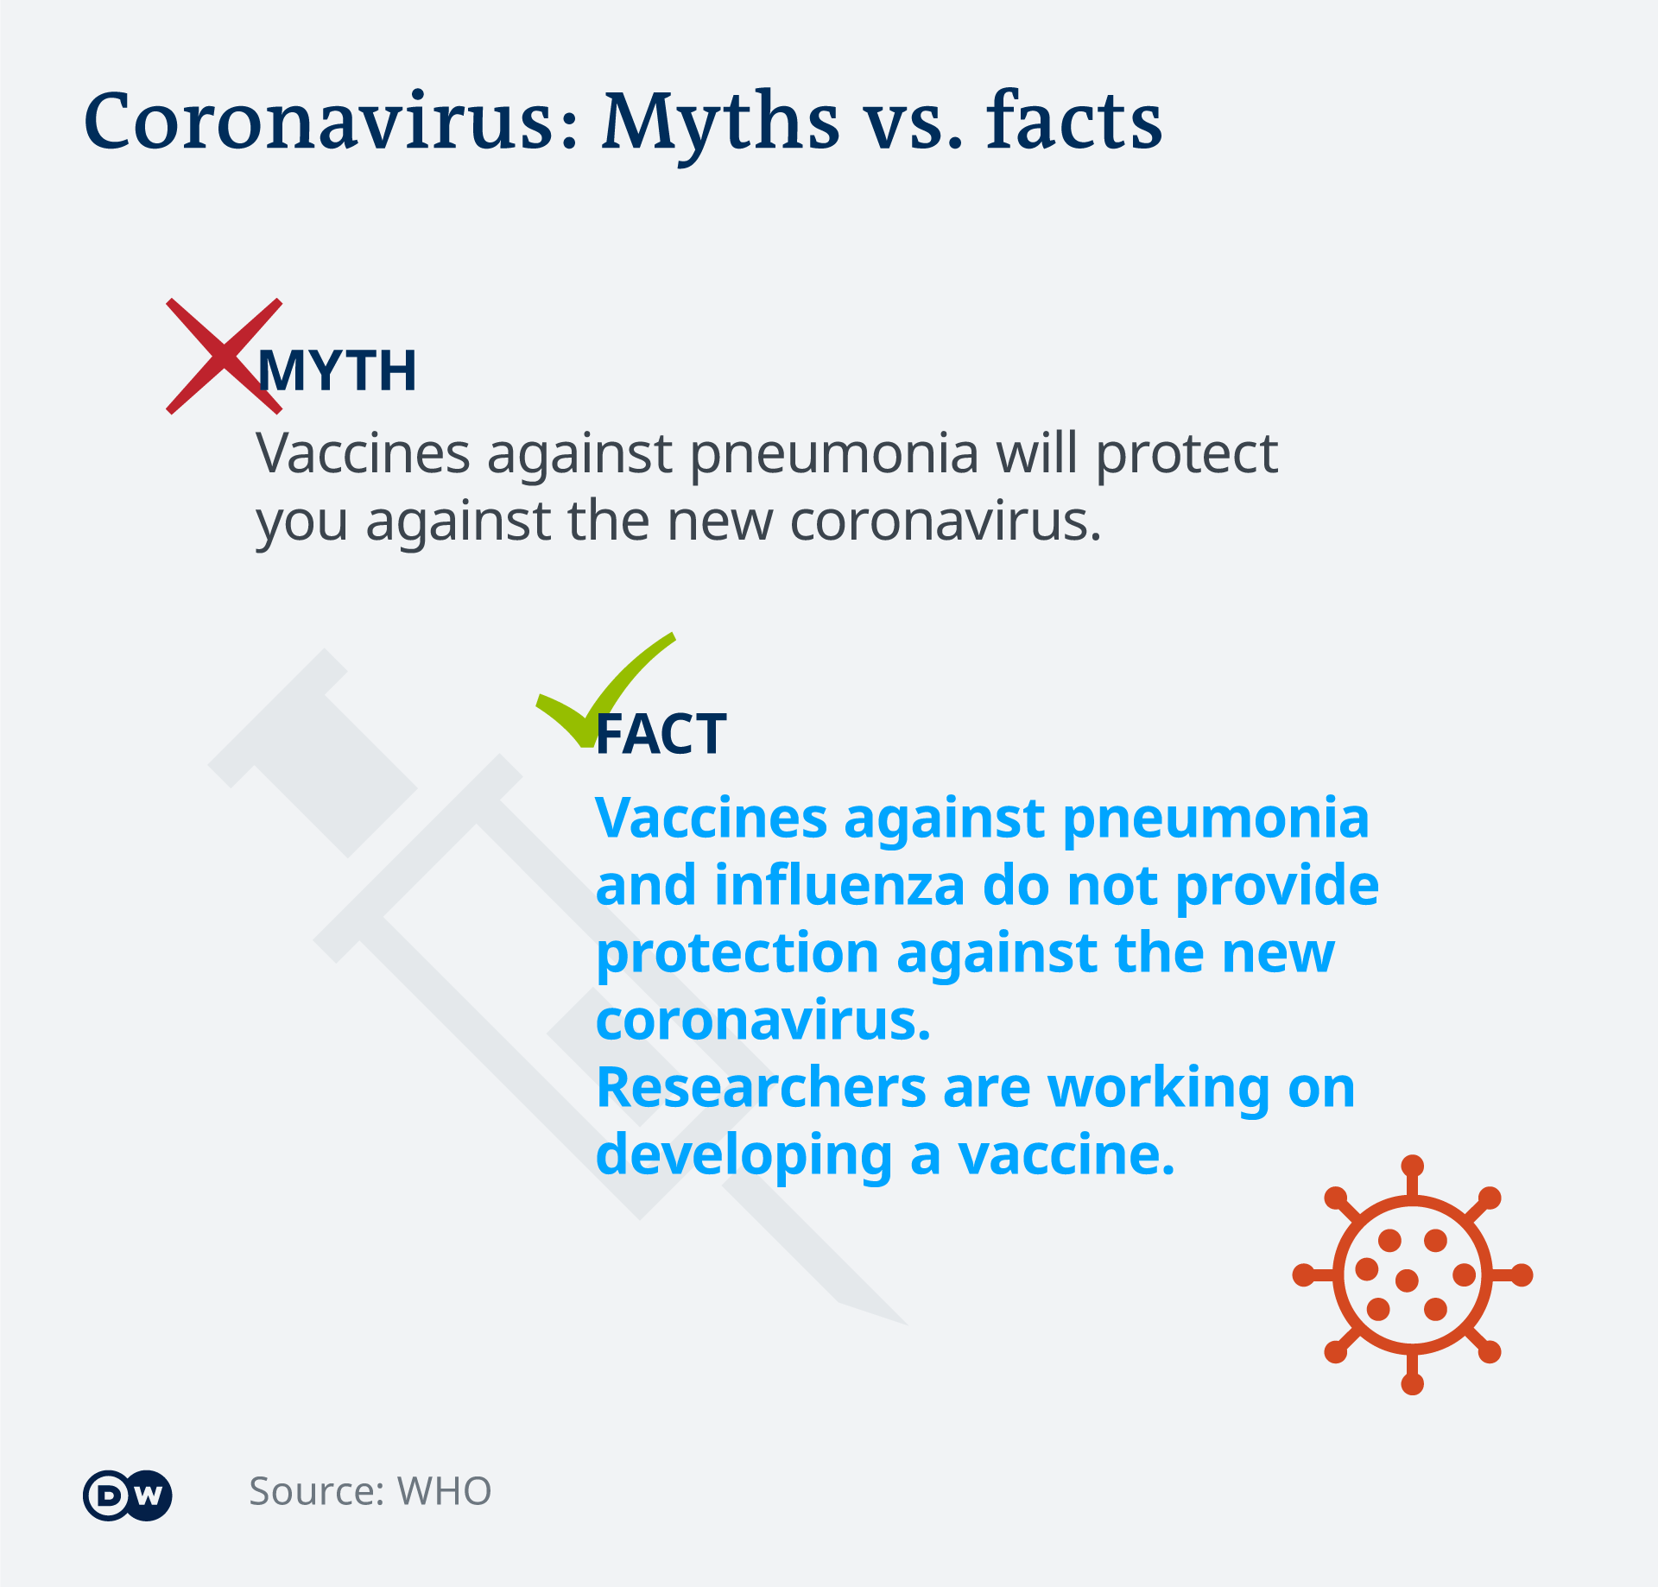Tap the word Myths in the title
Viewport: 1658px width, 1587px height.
(720, 125)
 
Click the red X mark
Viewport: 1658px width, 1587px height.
(224, 356)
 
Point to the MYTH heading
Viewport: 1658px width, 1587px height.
(338, 371)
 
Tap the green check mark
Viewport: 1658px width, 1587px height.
(605, 690)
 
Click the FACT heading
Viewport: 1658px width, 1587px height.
(661, 735)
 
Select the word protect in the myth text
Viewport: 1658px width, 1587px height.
(1187, 456)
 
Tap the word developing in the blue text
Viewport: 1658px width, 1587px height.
(744, 1157)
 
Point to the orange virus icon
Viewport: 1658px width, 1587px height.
(1412, 1274)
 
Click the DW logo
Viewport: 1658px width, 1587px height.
(128, 1495)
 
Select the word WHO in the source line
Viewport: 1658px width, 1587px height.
(444, 1491)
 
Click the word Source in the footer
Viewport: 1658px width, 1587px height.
(316, 1491)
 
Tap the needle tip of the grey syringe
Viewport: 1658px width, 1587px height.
(907, 1324)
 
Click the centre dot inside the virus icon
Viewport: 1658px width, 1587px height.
(1407, 1280)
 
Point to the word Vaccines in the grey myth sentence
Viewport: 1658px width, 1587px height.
(363, 454)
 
